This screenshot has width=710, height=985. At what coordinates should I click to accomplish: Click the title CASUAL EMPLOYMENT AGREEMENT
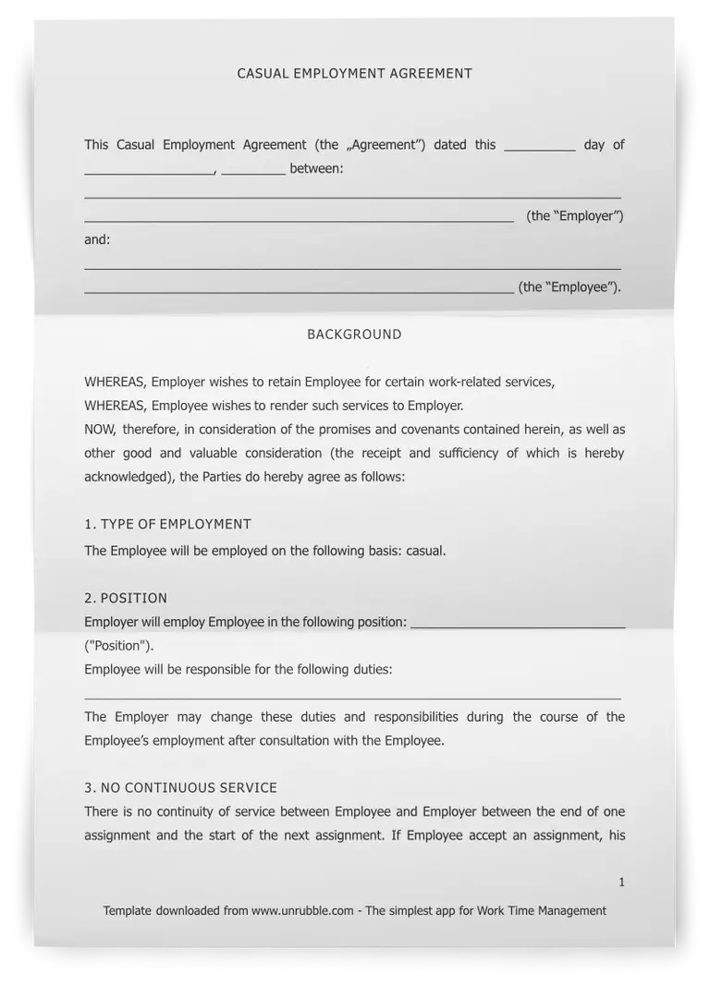point(354,74)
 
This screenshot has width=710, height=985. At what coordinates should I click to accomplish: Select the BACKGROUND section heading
point(354,334)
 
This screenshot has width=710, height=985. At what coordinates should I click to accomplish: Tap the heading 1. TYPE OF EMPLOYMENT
point(167,524)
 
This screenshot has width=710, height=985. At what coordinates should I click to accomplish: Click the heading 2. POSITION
point(126,598)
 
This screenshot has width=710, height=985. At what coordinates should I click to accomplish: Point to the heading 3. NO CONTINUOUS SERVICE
point(180,788)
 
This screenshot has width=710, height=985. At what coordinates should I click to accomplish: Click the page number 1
point(621,882)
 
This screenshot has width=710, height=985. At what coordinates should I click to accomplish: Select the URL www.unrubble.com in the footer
point(302,911)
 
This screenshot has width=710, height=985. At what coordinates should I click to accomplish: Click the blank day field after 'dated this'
point(540,146)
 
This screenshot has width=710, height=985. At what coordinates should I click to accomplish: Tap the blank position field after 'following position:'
point(517,624)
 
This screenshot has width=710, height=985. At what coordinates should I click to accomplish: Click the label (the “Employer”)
point(575,216)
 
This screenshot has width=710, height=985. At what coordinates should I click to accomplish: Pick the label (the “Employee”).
point(569,287)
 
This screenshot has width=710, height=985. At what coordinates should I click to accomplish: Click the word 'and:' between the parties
point(97,239)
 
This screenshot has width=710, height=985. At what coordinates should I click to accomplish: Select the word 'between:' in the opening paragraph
point(316,169)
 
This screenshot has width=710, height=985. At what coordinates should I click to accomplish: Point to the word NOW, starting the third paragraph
point(100,430)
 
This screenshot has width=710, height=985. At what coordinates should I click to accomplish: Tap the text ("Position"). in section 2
point(119,646)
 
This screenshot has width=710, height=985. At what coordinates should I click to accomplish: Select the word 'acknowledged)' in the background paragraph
point(127,478)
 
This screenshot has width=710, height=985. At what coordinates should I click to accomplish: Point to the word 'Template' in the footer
point(128,911)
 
